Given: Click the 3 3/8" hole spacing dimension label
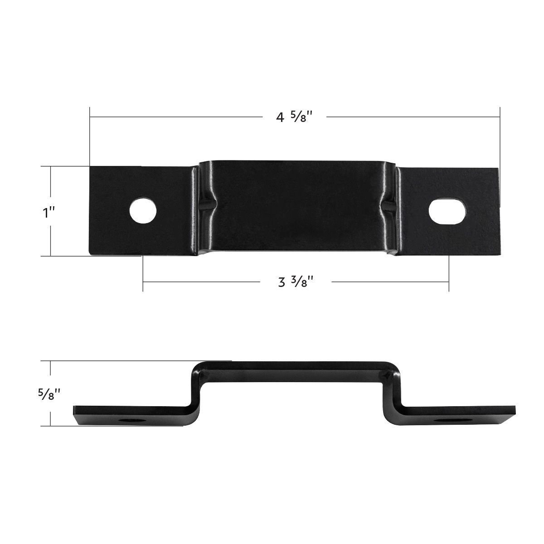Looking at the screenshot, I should pyautogui.click(x=296, y=282).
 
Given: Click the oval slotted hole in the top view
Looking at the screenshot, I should pyautogui.click(x=447, y=211).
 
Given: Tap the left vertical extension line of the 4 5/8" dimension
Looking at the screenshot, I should pyautogui.click(x=90, y=136).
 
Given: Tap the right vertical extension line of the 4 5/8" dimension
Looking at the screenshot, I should pyautogui.click(x=500, y=136).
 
